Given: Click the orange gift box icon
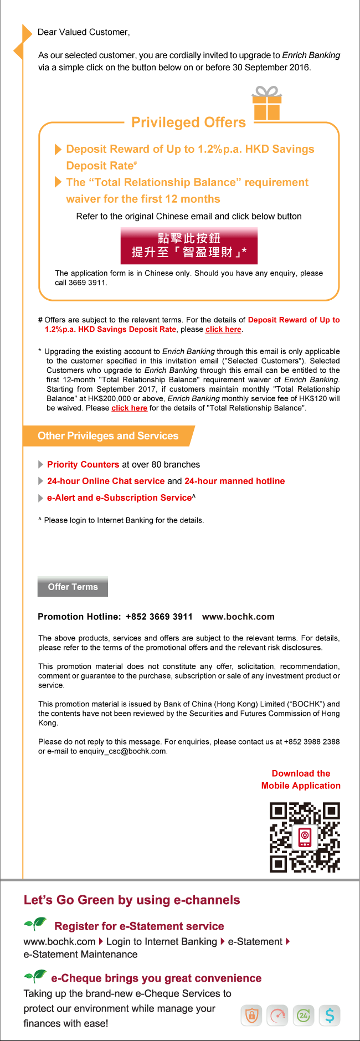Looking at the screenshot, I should (x=267, y=104).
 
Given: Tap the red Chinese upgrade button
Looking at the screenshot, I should (x=189, y=245).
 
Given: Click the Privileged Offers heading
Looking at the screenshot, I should (x=188, y=122).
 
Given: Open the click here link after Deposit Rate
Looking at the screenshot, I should (x=223, y=330).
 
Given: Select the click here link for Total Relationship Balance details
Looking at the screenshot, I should (x=129, y=408).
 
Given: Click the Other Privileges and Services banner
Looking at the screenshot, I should (x=108, y=436).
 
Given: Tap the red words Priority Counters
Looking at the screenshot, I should (x=83, y=465).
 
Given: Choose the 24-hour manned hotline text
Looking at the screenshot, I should (x=234, y=481).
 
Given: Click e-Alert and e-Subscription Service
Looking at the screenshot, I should (x=119, y=498).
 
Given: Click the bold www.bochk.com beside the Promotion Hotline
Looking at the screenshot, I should (x=238, y=617).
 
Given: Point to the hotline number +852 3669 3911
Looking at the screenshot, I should (x=159, y=617).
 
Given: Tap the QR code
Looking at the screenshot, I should (x=305, y=837).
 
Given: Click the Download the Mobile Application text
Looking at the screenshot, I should (x=301, y=780).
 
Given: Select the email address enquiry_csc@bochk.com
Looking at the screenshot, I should (x=122, y=752).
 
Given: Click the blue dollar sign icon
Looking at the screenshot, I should (x=330, y=1016).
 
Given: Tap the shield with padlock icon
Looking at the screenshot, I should (x=251, y=1016).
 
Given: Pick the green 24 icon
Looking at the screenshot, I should (x=304, y=1016).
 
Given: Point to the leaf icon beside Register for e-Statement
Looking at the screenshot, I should (x=35, y=924).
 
